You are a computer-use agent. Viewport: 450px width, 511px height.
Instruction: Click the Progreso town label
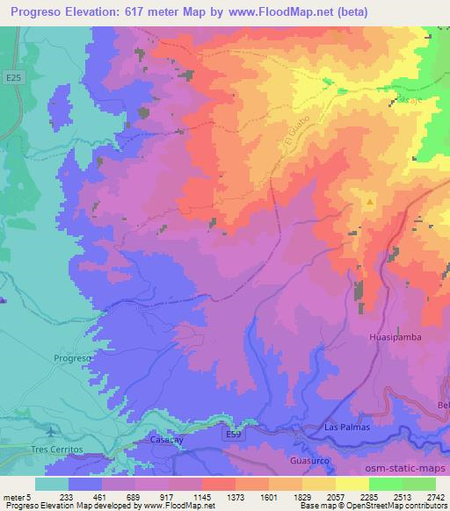[x=72, y=359]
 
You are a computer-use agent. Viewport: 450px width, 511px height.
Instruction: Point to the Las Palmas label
[x=343, y=427]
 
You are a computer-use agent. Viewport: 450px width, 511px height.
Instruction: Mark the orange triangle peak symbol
[x=370, y=201]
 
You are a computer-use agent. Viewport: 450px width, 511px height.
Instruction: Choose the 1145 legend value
[x=204, y=496]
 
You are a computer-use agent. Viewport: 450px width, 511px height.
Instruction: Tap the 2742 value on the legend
[x=432, y=496]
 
